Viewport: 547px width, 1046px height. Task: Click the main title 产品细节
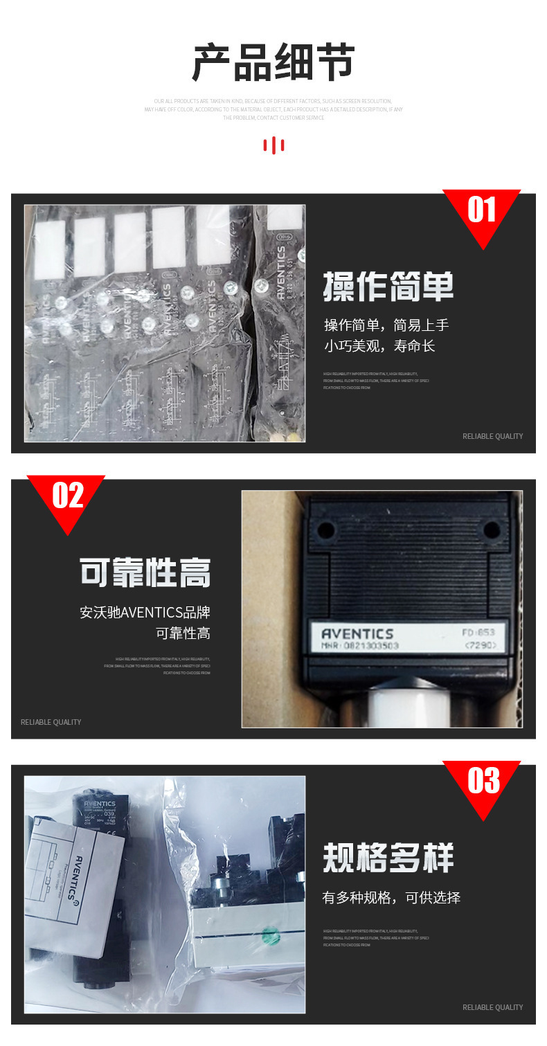[273, 62]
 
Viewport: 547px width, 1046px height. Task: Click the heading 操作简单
[388, 287]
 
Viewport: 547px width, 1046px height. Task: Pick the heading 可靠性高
[145, 572]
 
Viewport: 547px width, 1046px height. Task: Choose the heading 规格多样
[388, 858]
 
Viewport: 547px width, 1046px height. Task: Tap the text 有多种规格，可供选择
[391, 898]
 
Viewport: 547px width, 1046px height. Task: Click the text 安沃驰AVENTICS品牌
[145, 613]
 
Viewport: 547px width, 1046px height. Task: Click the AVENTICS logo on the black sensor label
[357, 633]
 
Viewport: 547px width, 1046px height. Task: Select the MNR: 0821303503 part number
[360, 646]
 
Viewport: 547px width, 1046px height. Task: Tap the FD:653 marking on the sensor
[478, 633]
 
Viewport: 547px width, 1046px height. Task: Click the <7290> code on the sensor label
[479, 646]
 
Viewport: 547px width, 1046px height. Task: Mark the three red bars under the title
[273, 145]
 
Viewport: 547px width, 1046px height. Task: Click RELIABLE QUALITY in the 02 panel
[51, 722]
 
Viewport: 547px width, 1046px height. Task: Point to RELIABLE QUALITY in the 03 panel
[492, 1007]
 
